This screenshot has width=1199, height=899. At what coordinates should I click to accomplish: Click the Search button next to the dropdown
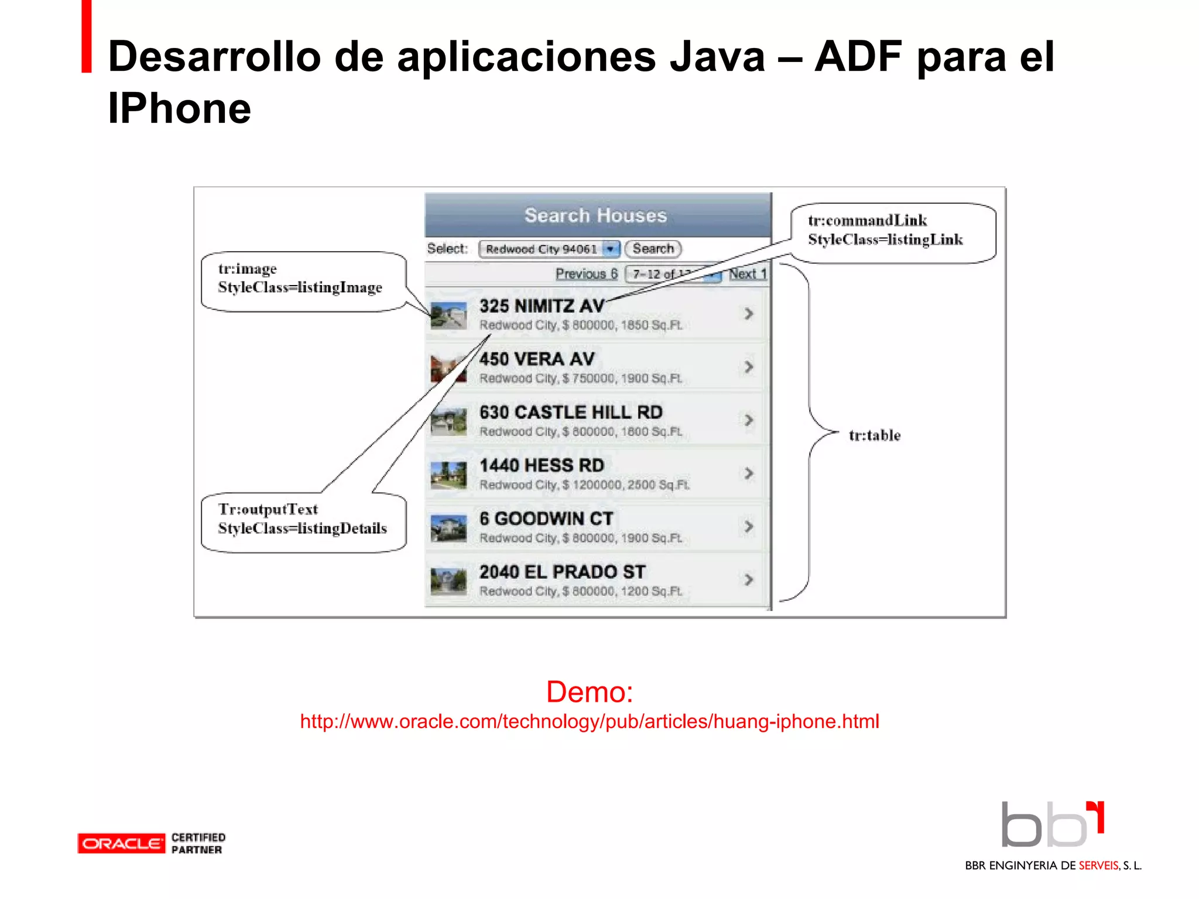(653, 249)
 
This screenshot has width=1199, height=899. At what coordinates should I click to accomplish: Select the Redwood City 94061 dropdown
(549, 249)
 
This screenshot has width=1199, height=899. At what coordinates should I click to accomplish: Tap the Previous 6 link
(586, 274)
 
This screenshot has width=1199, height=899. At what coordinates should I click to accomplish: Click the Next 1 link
(747, 274)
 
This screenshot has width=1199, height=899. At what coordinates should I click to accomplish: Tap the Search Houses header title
(595, 215)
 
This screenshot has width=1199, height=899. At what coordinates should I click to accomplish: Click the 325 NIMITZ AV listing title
(542, 306)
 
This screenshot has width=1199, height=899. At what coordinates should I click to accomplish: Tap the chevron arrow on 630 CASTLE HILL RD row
(749, 420)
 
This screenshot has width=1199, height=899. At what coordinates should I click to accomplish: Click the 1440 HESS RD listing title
(542, 465)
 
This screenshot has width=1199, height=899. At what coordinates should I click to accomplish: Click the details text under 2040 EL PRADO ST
(581, 591)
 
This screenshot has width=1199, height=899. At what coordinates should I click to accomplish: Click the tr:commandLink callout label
(885, 230)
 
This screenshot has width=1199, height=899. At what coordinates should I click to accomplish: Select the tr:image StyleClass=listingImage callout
(300, 279)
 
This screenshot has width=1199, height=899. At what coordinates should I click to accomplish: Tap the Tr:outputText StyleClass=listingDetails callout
(302, 519)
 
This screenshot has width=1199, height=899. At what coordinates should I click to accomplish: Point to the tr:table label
(875, 435)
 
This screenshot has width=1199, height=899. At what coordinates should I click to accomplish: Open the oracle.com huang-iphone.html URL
(590, 722)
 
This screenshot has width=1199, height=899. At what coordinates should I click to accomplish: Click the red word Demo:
(590, 692)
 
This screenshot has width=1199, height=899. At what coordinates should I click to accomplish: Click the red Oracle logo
(121, 843)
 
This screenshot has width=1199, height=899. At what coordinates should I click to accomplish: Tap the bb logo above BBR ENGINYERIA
(1051, 825)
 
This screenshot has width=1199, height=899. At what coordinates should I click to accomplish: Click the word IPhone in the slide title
(179, 109)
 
